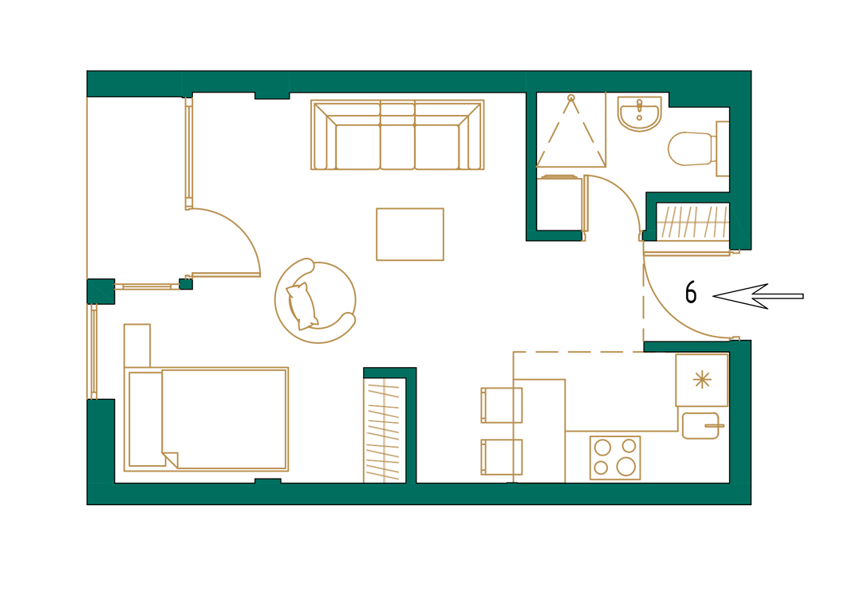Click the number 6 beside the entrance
tap(691, 293)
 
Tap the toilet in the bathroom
tap(690, 148)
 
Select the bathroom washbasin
tap(639, 112)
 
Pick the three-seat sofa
tap(397, 135)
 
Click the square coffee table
tap(409, 234)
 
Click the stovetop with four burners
tap(615, 457)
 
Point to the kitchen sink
tap(701, 425)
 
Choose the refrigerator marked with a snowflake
tap(702, 380)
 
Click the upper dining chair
tap(502, 405)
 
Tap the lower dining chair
tap(502, 456)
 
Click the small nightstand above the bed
tap(137, 345)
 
